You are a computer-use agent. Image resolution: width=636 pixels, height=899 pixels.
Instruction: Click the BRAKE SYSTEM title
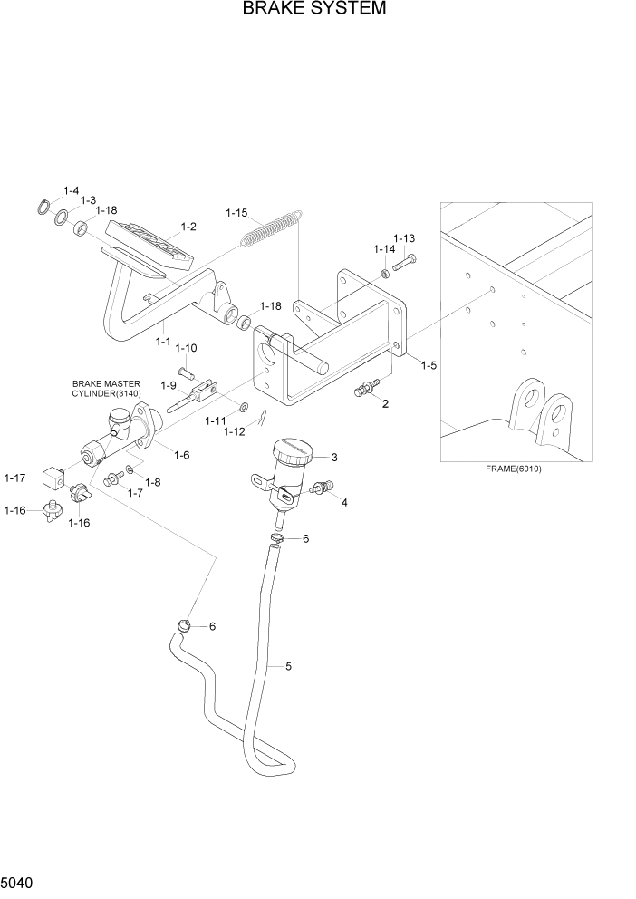tap(313, 10)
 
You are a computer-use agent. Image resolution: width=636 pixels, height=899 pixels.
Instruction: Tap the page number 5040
tap(20, 882)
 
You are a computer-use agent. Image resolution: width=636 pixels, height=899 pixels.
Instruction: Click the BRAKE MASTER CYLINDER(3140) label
tap(106, 389)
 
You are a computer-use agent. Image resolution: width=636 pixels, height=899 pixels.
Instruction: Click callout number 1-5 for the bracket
tap(428, 365)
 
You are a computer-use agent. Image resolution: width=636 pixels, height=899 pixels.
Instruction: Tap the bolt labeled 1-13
tap(404, 263)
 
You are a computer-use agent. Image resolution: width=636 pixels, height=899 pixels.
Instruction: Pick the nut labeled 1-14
tap(385, 272)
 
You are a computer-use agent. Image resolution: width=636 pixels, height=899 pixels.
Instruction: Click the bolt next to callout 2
tap(363, 391)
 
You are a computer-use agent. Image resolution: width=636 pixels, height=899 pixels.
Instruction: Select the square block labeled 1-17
tap(55, 475)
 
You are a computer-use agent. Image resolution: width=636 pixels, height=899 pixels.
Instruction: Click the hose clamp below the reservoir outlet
tap(277, 539)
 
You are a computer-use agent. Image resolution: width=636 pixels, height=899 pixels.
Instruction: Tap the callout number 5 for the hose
tap(288, 667)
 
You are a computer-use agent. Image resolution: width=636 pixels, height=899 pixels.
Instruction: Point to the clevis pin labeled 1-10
tap(188, 370)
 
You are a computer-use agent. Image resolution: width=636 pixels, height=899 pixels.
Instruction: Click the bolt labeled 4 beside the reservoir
tap(319, 489)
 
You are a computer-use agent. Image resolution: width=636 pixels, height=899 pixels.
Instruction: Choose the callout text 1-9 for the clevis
tap(168, 385)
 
